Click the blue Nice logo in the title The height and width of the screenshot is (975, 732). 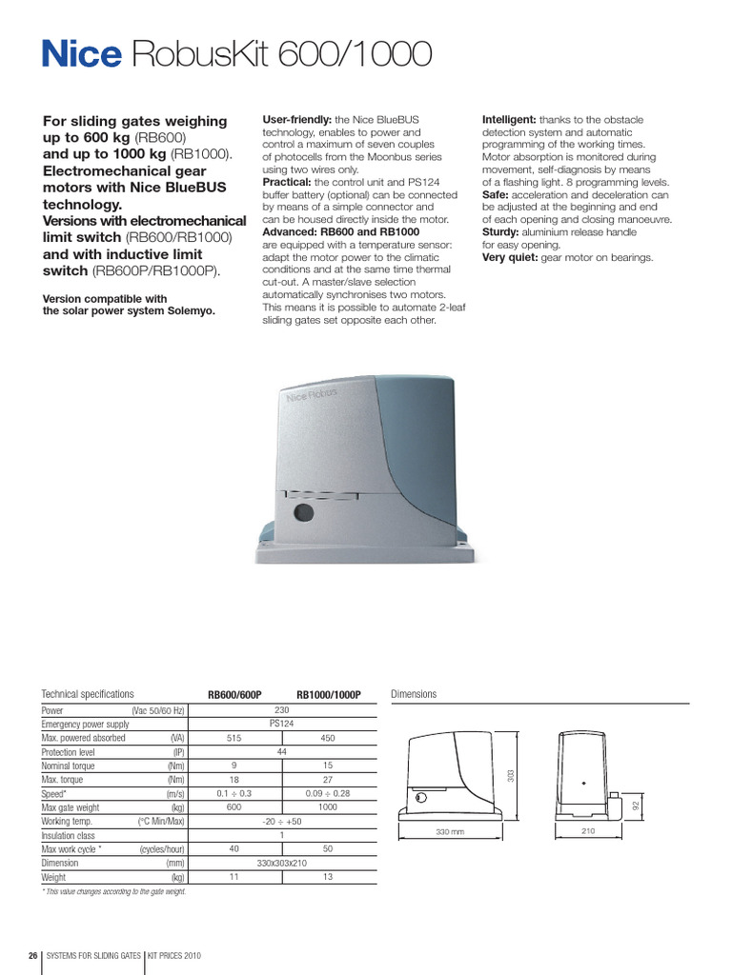click(81, 55)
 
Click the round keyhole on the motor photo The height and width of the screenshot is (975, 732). click(303, 513)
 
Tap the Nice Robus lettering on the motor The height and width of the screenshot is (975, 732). click(311, 394)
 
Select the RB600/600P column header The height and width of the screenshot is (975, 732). click(235, 695)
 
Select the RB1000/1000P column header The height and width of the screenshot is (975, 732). click(329, 695)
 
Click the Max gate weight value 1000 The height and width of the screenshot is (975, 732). click(329, 807)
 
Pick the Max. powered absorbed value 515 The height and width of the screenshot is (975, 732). click(235, 738)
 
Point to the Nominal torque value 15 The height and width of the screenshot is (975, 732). click(329, 766)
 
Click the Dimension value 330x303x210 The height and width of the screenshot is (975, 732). click(282, 863)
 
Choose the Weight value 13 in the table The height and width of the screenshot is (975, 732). click(329, 877)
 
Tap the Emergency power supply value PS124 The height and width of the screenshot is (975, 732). click(282, 724)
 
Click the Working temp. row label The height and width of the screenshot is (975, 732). click(69, 821)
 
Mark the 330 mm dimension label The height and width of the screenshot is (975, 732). click(449, 832)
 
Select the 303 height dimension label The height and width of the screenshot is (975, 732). click(510, 776)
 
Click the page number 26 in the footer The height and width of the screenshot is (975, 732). click(33, 955)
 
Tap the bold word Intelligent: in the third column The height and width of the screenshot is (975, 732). click(510, 120)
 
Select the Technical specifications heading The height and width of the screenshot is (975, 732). click(88, 694)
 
